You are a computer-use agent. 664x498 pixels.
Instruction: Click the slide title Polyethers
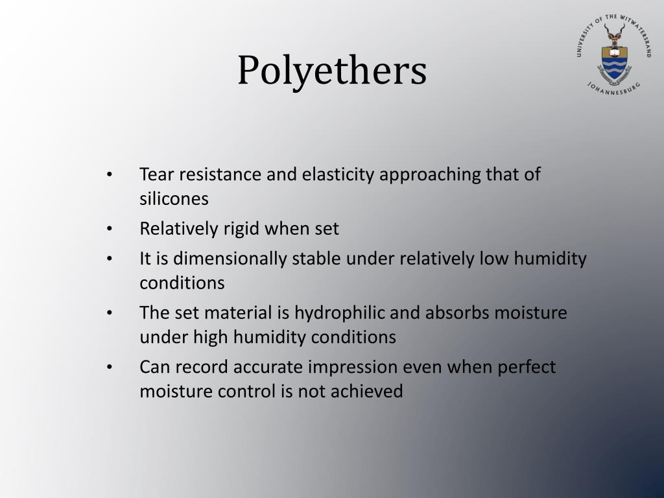pos(331,71)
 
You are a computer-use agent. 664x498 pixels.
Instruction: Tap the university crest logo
pos(613,55)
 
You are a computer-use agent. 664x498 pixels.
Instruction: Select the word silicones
pos(174,198)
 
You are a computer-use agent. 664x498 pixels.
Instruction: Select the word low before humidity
pos(495,259)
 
